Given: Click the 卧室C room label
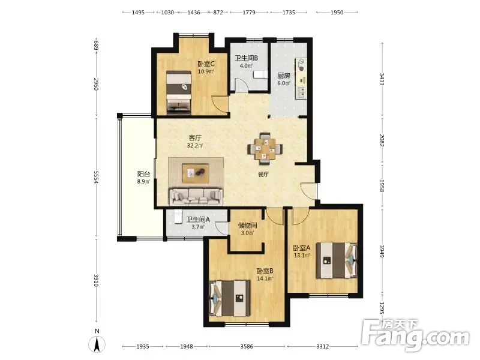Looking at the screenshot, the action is click(206, 64).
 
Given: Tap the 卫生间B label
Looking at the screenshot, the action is click(247, 58).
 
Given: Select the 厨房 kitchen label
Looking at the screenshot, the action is click(284, 76).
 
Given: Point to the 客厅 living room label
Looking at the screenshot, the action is click(195, 138).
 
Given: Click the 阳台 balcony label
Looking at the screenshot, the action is click(143, 174).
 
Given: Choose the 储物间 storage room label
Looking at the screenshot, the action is click(247, 226).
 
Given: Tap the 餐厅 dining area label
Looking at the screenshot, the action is click(263, 175).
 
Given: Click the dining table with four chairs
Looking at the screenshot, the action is click(265, 148).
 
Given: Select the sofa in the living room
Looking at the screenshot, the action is click(196, 197).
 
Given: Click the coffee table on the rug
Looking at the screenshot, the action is click(196, 173).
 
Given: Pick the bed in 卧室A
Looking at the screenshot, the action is click(337, 260).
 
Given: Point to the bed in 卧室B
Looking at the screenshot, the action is click(230, 298).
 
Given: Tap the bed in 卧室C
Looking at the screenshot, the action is click(179, 93).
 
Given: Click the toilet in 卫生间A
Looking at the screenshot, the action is click(178, 217).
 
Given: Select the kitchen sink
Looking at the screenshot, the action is click(302, 92).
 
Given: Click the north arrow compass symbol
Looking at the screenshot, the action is click(97, 344).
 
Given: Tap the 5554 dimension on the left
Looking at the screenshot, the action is click(96, 177).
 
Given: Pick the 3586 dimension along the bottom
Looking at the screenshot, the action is click(247, 346).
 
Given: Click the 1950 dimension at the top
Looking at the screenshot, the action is click(337, 12).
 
